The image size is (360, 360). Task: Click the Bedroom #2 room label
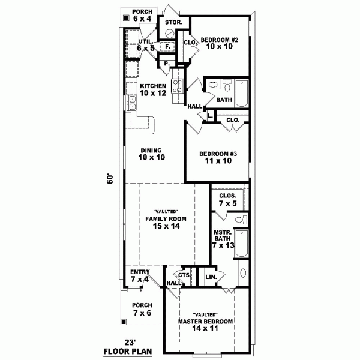(220, 40)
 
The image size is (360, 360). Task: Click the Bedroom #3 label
(218, 154)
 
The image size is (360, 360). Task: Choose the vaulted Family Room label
(166, 219)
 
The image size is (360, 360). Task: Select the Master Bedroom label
(205, 322)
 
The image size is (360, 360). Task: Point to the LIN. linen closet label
(211, 277)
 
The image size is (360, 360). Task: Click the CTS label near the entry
(184, 275)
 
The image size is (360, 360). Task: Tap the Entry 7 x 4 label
(140, 276)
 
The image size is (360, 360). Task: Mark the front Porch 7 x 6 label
(143, 309)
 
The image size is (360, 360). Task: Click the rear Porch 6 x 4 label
(143, 16)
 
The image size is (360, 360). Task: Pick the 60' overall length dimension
(110, 180)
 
